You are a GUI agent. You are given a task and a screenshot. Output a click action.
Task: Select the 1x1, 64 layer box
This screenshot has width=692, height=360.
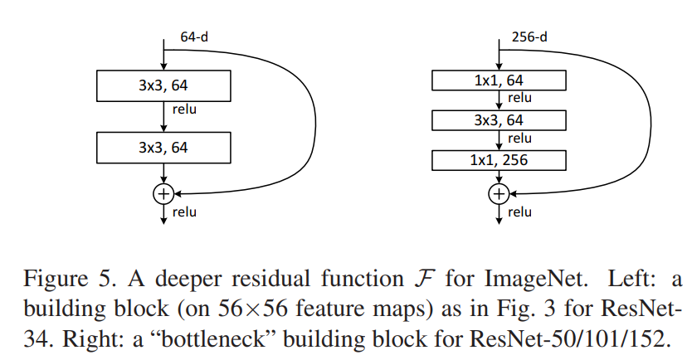[499, 80]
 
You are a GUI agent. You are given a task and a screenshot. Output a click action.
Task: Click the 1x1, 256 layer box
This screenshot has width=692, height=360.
[499, 159]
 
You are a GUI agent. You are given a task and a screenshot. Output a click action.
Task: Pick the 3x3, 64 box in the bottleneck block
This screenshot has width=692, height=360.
[499, 120]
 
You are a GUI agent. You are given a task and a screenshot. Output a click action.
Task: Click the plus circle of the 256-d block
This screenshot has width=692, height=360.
[499, 194]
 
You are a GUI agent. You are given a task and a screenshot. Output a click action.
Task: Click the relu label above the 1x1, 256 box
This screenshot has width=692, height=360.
[519, 139]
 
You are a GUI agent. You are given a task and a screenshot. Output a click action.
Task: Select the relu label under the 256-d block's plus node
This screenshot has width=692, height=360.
[519, 212]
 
